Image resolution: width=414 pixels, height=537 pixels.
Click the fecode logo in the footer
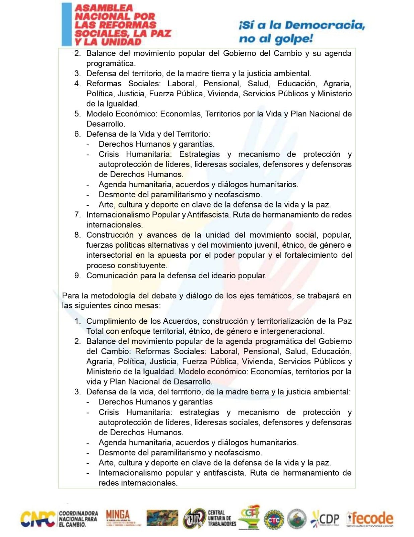click(370, 519)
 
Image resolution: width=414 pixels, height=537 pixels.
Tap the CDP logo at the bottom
click(325, 519)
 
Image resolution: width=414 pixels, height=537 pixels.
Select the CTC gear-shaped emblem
click(274, 520)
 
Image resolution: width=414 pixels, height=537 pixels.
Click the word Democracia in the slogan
click(325, 25)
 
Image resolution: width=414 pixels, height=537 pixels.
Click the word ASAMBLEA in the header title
click(104, 7)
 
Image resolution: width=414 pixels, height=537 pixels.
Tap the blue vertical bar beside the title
click(66, 24)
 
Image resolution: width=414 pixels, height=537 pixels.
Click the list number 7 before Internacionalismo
click(77, 215)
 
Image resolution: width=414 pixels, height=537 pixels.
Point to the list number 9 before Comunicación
click(77, 276)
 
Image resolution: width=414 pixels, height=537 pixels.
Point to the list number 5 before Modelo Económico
click(77, 114)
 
